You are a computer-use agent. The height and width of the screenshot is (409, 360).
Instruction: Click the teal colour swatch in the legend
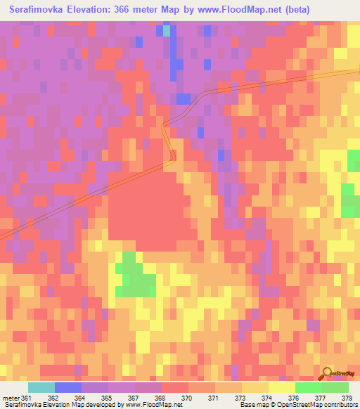pyautogui.click(x=41, y=387)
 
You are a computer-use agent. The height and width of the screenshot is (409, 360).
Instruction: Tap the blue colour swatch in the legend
pyautogui.click(x=68, y=387)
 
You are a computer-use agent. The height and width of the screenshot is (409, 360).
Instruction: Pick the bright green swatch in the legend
pyautogui.click(x=309, y=387)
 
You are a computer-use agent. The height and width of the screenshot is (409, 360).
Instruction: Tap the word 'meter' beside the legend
pyautogui.click(x=11, y=397)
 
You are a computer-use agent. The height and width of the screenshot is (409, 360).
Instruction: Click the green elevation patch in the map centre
pyautogui.click(x=134, y=276)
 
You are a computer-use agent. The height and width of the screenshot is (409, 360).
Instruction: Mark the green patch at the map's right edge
pyautogui.click(x=350, y=201)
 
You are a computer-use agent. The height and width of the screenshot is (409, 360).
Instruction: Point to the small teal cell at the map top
pyautogui.click(x=167, y=30)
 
